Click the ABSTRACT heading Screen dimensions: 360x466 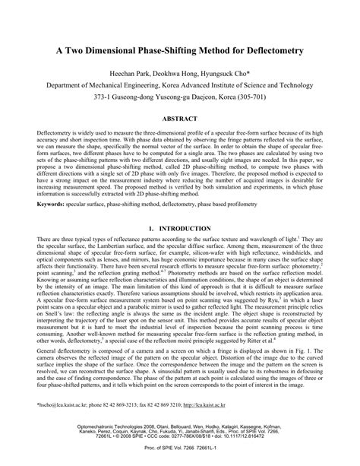pos(180,119)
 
